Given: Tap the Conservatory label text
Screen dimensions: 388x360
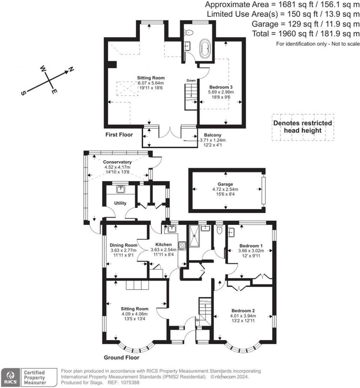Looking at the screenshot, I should point(117,162).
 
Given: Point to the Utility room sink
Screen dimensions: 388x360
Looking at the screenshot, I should point(121,189).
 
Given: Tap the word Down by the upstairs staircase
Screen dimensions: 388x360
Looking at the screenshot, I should point(191,80).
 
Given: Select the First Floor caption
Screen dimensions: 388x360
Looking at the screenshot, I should point(119,135).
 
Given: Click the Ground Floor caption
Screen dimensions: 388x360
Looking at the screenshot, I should point(121,358).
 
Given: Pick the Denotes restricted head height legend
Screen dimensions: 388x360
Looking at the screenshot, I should point(303,127).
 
